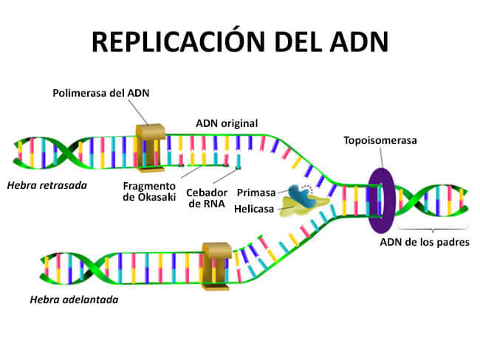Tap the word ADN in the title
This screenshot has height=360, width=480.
[361, 42]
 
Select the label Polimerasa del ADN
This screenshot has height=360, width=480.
[100, 94]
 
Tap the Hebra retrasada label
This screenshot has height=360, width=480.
[47, 184]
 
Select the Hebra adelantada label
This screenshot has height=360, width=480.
[74, 300]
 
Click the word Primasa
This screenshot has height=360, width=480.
[256, 193]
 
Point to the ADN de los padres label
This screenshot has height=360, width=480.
[425, 241]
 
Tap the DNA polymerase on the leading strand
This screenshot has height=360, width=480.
[218, 262]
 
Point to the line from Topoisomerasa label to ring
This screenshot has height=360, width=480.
[381, 156]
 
